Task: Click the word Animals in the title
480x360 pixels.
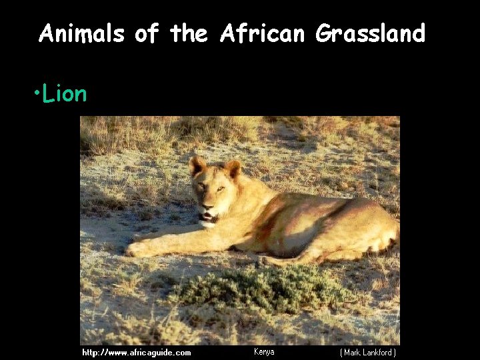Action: click(x=81, y=33)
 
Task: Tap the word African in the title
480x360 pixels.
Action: click(x=263, y=33)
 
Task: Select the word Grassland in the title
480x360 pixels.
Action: click(x=370, y=33)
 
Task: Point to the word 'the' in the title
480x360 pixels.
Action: click(x=189, y=33)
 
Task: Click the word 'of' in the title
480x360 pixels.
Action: click(x=147, y=33)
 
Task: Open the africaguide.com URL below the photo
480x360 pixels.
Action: click(x=136, y=352)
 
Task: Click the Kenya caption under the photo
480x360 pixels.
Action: click(x=264, y=351)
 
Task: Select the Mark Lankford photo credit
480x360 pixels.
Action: click(x=368, y=352)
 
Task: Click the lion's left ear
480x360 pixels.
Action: click(x=197, y=165)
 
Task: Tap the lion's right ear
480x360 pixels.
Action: click(x=233, y=169)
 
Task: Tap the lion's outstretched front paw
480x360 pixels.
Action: click(x=138, y=249)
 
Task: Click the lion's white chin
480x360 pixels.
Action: click(x=209, y=223)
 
